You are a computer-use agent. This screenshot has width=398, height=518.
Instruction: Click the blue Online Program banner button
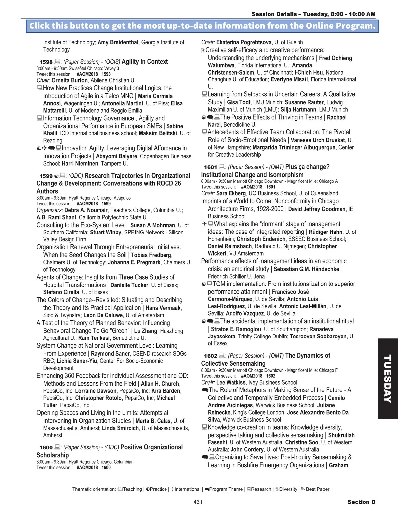(x=202, y=26)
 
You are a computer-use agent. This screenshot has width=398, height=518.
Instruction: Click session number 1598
(x=46, y=62)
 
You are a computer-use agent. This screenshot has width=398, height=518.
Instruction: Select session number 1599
(x=46, y=176)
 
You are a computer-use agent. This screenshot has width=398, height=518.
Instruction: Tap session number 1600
(x=46, y=448)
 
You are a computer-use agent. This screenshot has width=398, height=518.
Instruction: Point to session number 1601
(x=210, y=167)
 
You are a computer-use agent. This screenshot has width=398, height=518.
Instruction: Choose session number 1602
(x=210, y=356)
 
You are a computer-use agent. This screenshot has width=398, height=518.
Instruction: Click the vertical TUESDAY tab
(x=388, y=379)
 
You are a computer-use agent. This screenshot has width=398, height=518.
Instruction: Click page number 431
(x=198, y=502)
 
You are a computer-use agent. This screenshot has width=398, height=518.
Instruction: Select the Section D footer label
(x=361, y=502)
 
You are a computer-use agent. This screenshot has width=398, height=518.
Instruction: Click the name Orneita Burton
(x=70, y=80)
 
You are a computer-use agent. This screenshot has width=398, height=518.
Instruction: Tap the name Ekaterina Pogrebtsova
(x=244, y=42)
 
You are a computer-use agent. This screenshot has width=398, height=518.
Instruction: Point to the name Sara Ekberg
(x=231, y=193)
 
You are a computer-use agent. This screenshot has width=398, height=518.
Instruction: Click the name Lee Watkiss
(x=231, y=383)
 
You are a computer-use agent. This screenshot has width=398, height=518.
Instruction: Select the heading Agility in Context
(x=145, y=62)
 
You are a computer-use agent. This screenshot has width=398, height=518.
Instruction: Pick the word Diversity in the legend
(x=288, y=489)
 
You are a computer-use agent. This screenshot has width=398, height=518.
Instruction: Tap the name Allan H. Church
(x=160, y=384)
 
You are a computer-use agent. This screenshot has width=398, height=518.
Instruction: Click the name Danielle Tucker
(x=129, y=285)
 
